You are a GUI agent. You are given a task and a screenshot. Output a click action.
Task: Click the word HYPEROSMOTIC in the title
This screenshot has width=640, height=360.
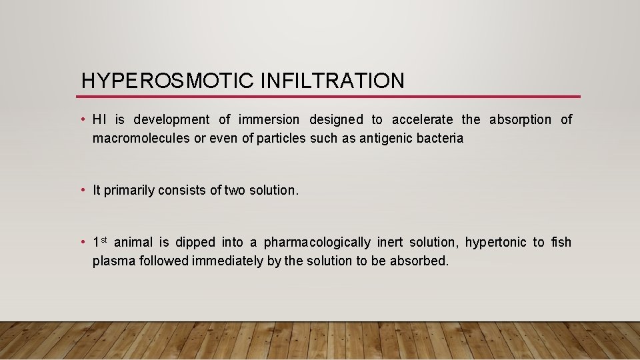pos(167,81)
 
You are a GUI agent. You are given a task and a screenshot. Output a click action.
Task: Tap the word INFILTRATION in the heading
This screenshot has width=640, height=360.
pos(332,81)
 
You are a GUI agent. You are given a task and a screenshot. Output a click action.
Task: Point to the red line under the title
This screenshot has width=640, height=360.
pos(330,97)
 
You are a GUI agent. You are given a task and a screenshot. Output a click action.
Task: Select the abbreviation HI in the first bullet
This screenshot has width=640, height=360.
pos(99,119)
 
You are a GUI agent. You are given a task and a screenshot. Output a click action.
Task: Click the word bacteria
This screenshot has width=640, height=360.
pos(440,139)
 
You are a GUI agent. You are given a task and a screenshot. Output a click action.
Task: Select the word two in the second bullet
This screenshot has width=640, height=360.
pos(235,190)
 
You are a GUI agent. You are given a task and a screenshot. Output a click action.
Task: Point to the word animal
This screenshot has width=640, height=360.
pos(133,242)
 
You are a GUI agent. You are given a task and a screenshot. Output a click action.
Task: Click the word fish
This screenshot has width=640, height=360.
pos(561,242)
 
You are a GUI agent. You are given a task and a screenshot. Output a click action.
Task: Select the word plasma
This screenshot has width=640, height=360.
pos(113,261)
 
